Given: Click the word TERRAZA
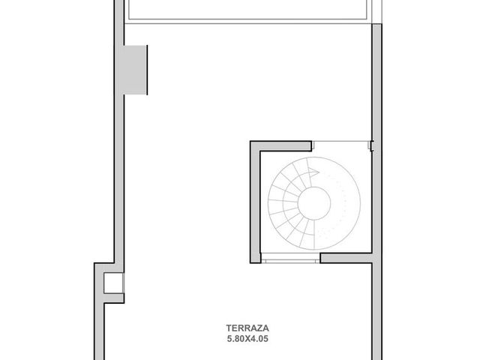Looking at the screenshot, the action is point(247,328).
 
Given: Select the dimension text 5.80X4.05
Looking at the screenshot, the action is point(247,339).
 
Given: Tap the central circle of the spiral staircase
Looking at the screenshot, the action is point(314,203).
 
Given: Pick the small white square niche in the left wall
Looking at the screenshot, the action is point(113,283).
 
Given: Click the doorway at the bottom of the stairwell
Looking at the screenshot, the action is point(290,261).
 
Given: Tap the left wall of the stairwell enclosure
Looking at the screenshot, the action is point(255,202).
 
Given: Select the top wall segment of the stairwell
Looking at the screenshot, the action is point(280,146).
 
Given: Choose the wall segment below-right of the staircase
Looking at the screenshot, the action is point(346,258).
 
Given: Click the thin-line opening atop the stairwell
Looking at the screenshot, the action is point(341,142).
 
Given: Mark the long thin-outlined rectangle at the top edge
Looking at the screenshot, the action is point(247,9).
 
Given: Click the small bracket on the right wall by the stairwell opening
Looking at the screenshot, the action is point(372,145).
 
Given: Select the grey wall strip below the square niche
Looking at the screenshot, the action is point(113,298).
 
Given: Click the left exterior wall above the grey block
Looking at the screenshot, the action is point(119,22).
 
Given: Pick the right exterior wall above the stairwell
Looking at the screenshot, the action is point(376,82).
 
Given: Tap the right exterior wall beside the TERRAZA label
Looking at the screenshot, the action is point(376,311).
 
